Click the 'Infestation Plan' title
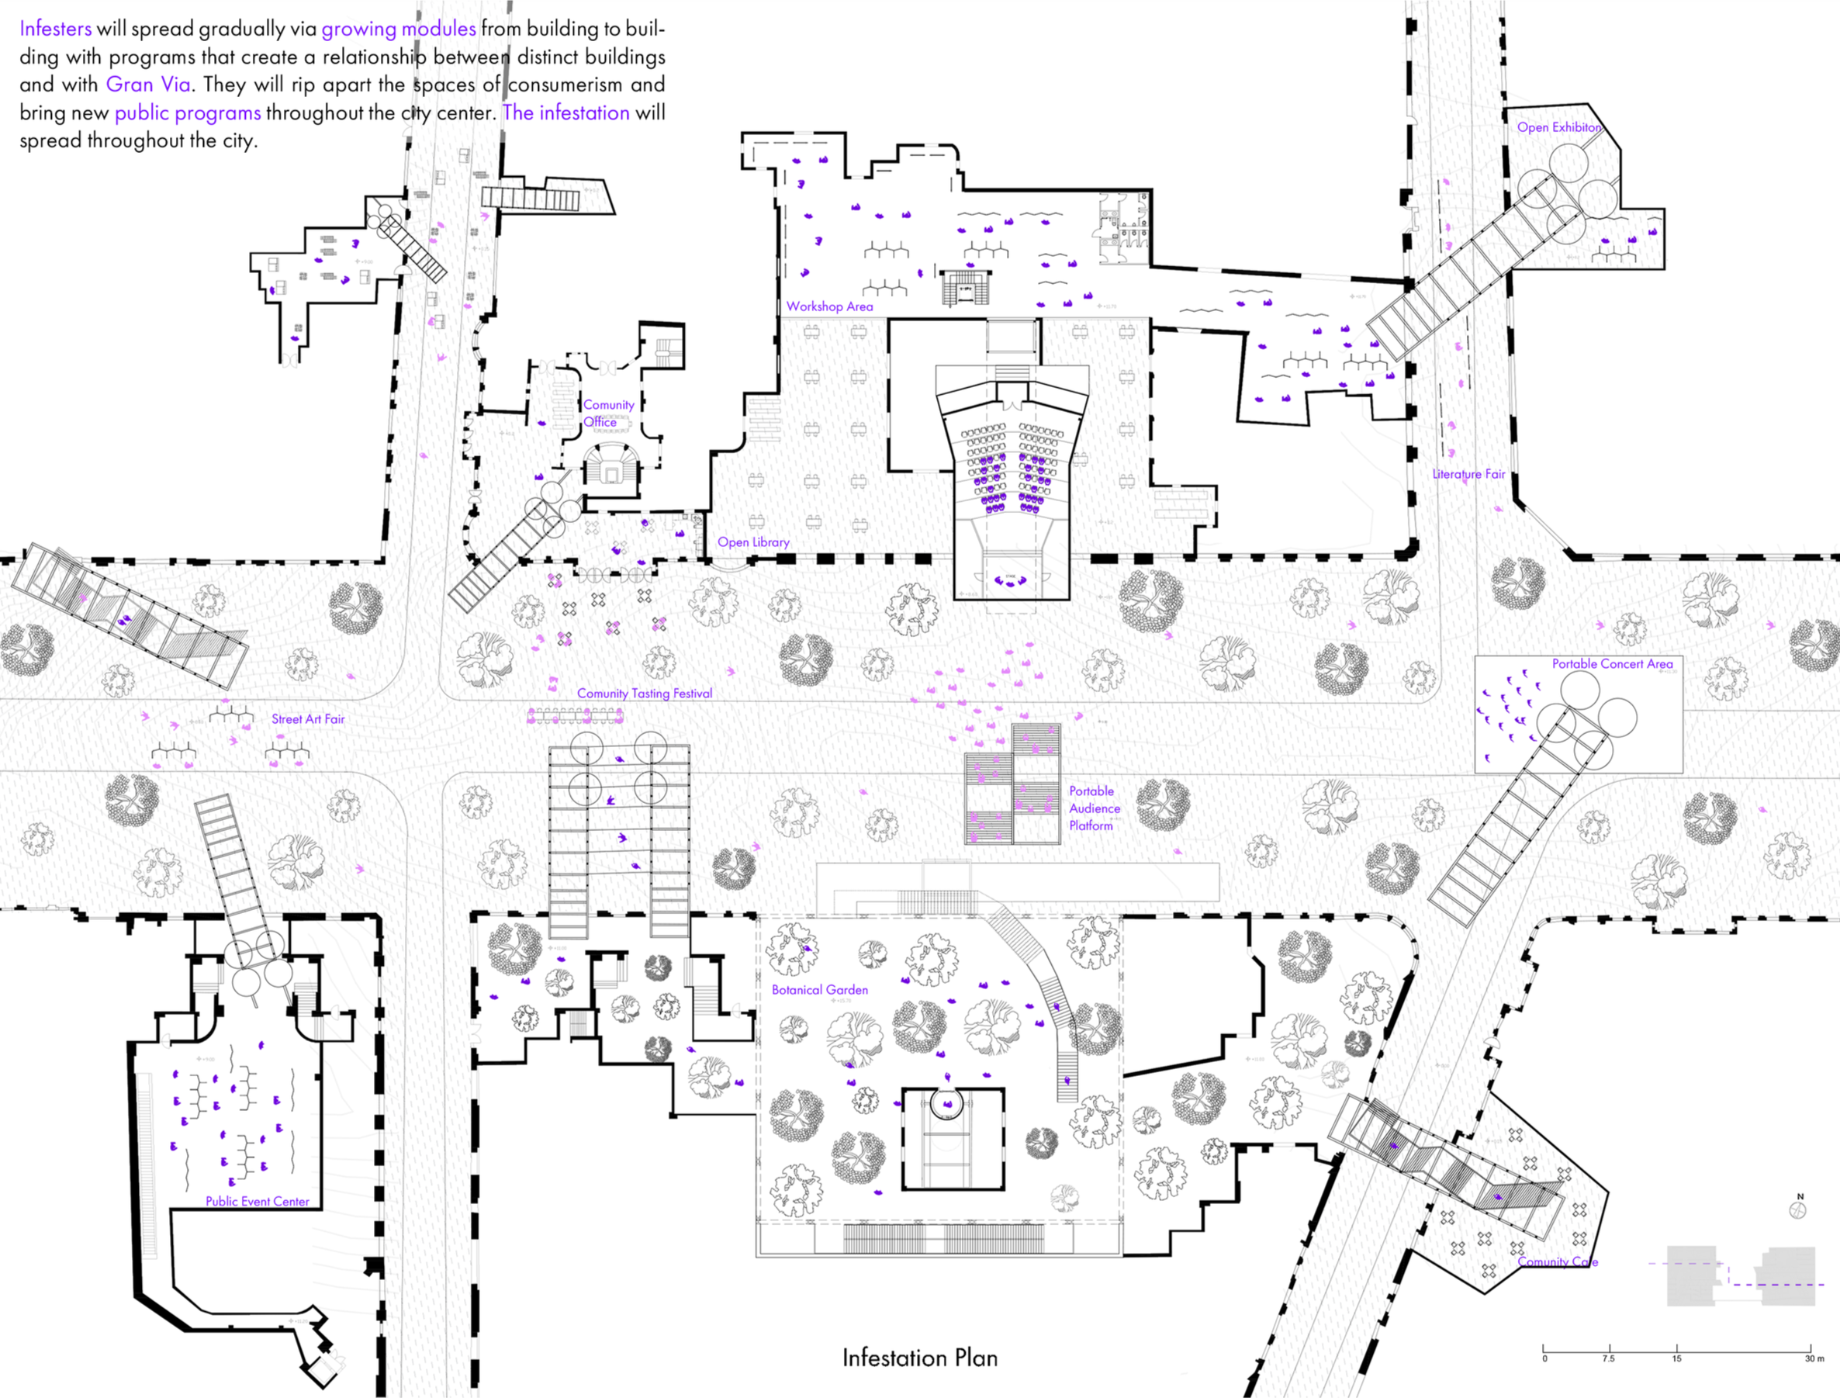919,1358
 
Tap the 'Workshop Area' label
829,306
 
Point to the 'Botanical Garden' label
819,989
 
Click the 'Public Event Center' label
257,1201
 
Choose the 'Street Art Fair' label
308,719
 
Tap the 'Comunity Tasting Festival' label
645,693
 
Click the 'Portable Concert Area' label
1612,663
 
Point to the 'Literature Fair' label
1468,473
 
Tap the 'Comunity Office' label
607,413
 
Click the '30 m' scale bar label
1814,1359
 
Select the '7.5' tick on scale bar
1609,1359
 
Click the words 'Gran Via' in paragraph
148,84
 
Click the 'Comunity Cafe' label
1557,1261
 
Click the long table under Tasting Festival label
576,715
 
